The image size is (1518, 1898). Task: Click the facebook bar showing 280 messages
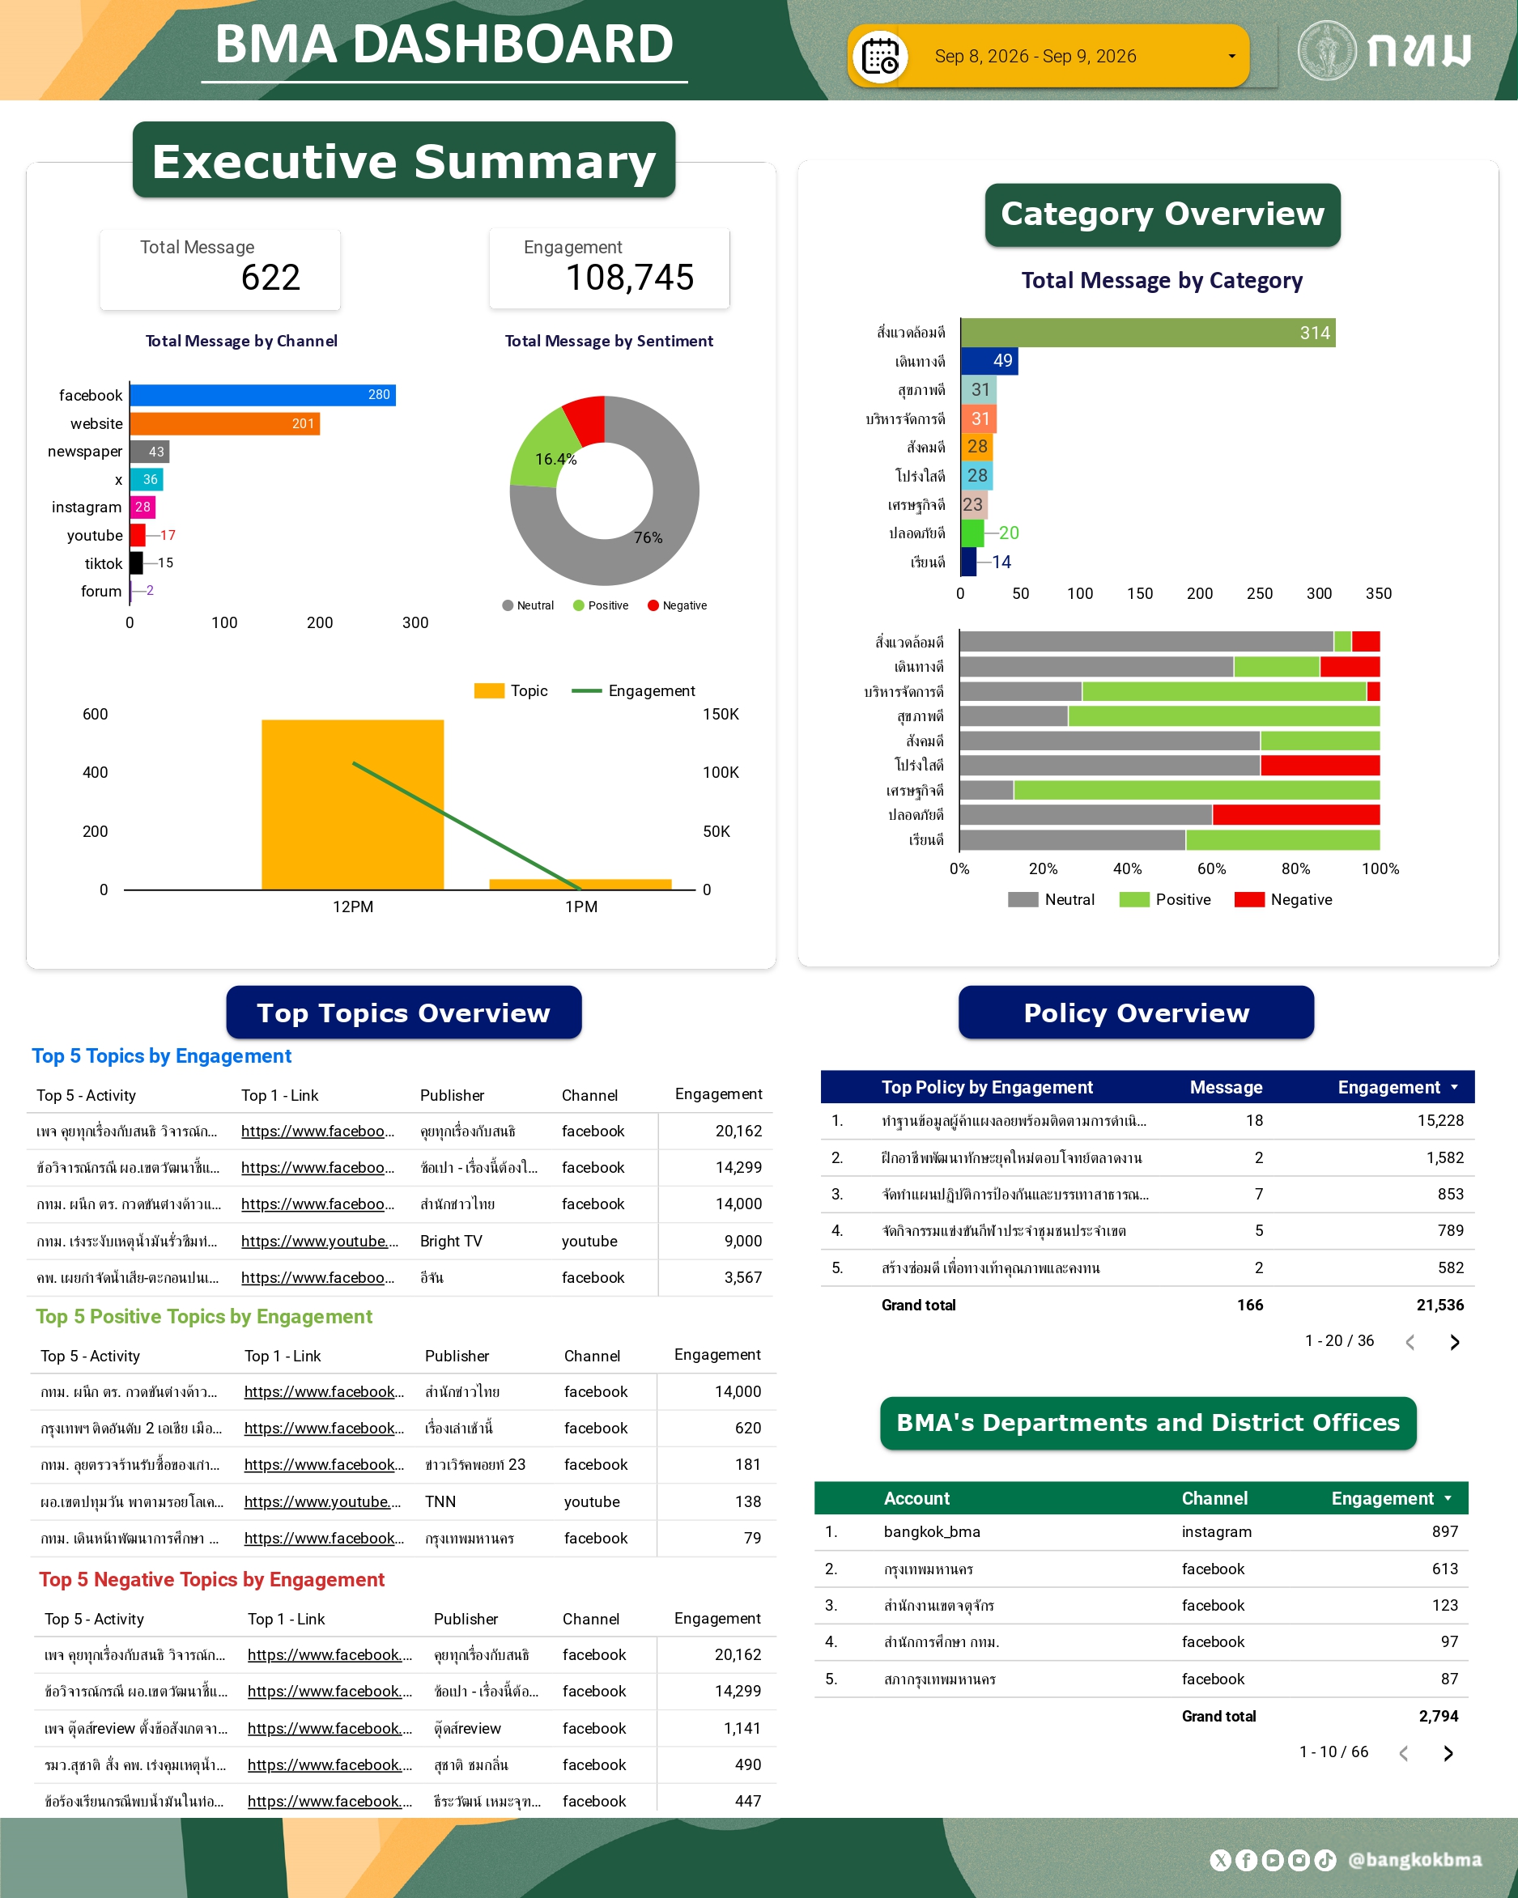[x=262, y=394]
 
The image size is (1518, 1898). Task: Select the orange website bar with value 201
[x=224, y=423]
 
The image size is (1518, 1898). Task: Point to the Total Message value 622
[x=271, y=278]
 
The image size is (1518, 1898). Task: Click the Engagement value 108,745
[x=630, y=278]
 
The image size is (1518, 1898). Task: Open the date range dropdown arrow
[x=1232, y=57]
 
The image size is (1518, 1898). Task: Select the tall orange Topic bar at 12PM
[x=352, y=805]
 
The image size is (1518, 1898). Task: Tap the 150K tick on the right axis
[x=721, y=714]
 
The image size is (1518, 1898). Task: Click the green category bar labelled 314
[x=1148, y=333]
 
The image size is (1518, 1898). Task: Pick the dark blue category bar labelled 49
[x=989, y=361]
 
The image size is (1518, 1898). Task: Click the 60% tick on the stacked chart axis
[x=1212, y=869]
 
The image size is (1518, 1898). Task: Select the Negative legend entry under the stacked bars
[x=1284, y=900]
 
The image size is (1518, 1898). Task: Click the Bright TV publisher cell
[x=451, y=1242]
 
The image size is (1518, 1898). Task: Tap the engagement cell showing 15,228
[x=1440, y=1121]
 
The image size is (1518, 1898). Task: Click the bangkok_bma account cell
[x=932, y=1532]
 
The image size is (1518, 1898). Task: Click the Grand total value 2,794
[x=1439, y=1716]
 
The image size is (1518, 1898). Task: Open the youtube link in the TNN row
[x=322, y=1502]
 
